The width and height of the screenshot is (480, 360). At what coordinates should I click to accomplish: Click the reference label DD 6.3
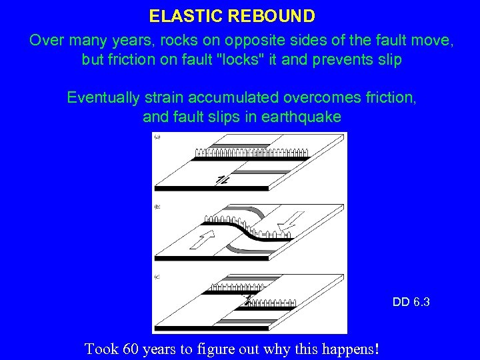(x=411, y=302)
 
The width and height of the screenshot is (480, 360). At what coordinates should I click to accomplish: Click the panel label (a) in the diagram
(x=157, y=137)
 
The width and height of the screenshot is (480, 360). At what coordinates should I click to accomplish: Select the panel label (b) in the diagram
(x=157, y=207)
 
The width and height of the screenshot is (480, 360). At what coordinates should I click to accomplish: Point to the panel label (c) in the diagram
(x=157, y=277)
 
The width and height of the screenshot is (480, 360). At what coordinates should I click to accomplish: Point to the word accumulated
(x=243, y=97)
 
